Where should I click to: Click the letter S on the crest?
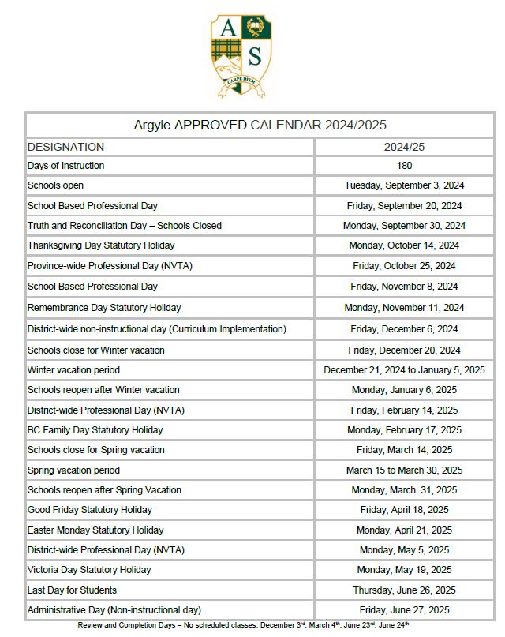click(254, 56)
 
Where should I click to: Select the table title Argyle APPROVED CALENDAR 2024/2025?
click(260, 126)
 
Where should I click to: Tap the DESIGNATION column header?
click(65, 147)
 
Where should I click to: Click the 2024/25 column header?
click(404, 147)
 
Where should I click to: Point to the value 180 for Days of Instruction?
click(404, 166)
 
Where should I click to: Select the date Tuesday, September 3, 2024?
click(404, 185)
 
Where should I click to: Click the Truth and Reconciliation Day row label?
click(125, 226)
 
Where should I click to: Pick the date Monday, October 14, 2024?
click(404, 245)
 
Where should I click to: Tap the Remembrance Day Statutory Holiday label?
click(115, 308)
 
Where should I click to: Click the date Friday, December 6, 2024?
click(404, 329)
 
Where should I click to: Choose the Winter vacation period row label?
click(73, 370)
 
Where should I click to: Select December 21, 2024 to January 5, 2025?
click(404, 370)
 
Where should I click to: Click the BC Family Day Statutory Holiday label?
click(95, 430)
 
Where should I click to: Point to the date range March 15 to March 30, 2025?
click(404, 470)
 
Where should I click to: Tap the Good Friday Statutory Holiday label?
click(90, 510)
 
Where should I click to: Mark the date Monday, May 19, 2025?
click(404, 570)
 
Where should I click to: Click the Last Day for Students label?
click(72, 590)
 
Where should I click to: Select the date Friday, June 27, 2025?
click(404, 610)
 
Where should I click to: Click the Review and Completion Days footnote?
click(243, 625)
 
